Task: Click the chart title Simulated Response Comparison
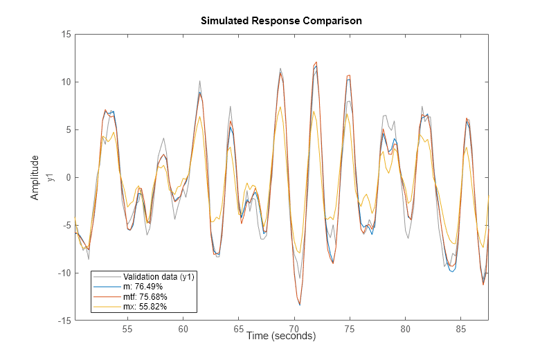coord(281,21)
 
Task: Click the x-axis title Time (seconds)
coord(280,336)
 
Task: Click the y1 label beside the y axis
coord(52,177)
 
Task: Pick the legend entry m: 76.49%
coord(143,287)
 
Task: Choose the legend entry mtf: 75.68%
coord(145,296)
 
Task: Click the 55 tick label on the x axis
coord(127,329)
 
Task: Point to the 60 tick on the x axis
coord(183,329)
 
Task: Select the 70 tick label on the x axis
coord(294,329)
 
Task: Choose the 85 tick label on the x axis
coord(461,329)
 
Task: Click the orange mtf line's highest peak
coord(316,62)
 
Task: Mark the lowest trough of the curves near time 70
coord(300,305)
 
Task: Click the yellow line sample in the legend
coord(105,306)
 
